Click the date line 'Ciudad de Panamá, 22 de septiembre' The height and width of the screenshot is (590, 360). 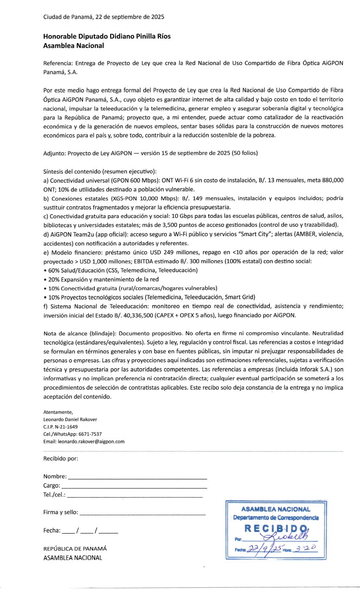point(104,17)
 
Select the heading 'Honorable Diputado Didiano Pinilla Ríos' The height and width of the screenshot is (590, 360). point(107,36)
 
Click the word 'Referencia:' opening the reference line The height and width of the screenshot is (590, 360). point(57,63)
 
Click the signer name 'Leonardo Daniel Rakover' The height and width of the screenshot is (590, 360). point(70,419)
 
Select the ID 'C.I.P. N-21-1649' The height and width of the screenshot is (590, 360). point(61,426)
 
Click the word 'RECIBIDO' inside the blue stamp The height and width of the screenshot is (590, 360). point(275,528)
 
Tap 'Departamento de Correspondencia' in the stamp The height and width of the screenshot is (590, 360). point(276,518)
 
